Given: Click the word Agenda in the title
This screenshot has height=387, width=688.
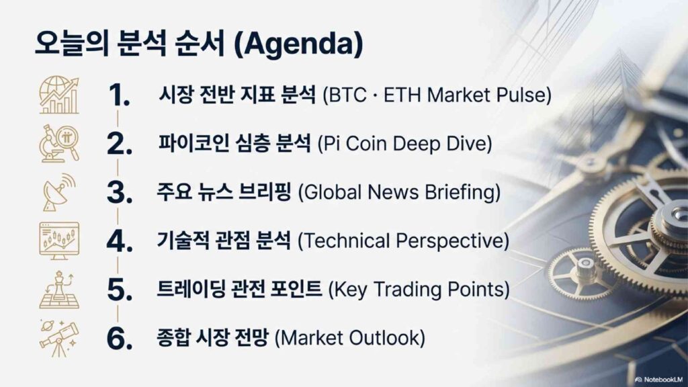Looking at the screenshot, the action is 298,44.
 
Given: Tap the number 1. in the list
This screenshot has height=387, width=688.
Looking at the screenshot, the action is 119,95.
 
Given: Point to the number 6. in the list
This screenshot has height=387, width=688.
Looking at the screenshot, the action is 120,339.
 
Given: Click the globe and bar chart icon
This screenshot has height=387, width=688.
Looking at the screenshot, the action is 59,95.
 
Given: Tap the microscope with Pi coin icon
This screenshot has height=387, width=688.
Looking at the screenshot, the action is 59,144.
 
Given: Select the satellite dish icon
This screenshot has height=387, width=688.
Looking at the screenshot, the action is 59,191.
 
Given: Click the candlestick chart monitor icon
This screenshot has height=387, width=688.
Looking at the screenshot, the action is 59,241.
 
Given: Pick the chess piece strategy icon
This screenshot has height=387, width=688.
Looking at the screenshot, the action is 59,290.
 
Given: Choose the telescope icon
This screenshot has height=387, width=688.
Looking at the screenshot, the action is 59,339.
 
